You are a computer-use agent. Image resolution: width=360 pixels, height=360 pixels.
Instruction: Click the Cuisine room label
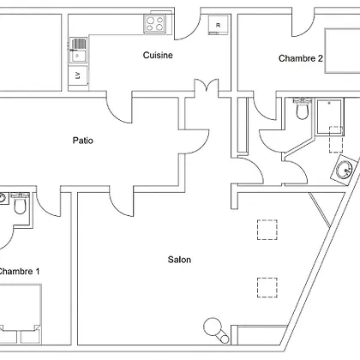[158, 55]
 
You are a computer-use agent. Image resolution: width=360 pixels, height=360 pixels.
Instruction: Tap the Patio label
[83, 141]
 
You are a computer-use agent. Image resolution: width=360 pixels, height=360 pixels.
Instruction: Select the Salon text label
[179, 260]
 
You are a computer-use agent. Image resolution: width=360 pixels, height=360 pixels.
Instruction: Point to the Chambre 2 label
[301, 58]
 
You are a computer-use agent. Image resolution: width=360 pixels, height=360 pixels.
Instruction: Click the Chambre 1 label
[19, 271]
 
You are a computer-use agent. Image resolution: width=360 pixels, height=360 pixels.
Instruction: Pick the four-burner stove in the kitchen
[155, 24]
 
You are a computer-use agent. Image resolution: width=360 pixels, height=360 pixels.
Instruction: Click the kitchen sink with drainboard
[78, 50]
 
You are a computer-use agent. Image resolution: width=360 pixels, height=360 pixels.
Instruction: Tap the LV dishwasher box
[78, 75]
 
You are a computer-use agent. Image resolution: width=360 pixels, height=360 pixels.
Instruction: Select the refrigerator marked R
[219, 25]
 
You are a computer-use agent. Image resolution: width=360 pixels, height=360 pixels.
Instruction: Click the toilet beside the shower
[302, 109]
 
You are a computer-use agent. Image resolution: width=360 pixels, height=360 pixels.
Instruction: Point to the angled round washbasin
[344, 169]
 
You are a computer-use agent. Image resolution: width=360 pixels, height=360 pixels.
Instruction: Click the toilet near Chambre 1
[20, 203]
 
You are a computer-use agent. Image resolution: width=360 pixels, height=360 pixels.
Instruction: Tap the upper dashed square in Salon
[267, 230]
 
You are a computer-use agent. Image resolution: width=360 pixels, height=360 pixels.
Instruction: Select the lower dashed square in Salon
[267, 287]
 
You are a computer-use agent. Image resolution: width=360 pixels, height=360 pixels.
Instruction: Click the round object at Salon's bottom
[213, 327]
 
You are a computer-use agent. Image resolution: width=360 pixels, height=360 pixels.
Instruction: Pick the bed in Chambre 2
[342, 51]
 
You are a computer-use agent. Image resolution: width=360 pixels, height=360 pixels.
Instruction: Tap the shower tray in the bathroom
[329, 117]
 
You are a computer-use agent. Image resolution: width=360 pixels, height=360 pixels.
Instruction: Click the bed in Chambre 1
[21, 314]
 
